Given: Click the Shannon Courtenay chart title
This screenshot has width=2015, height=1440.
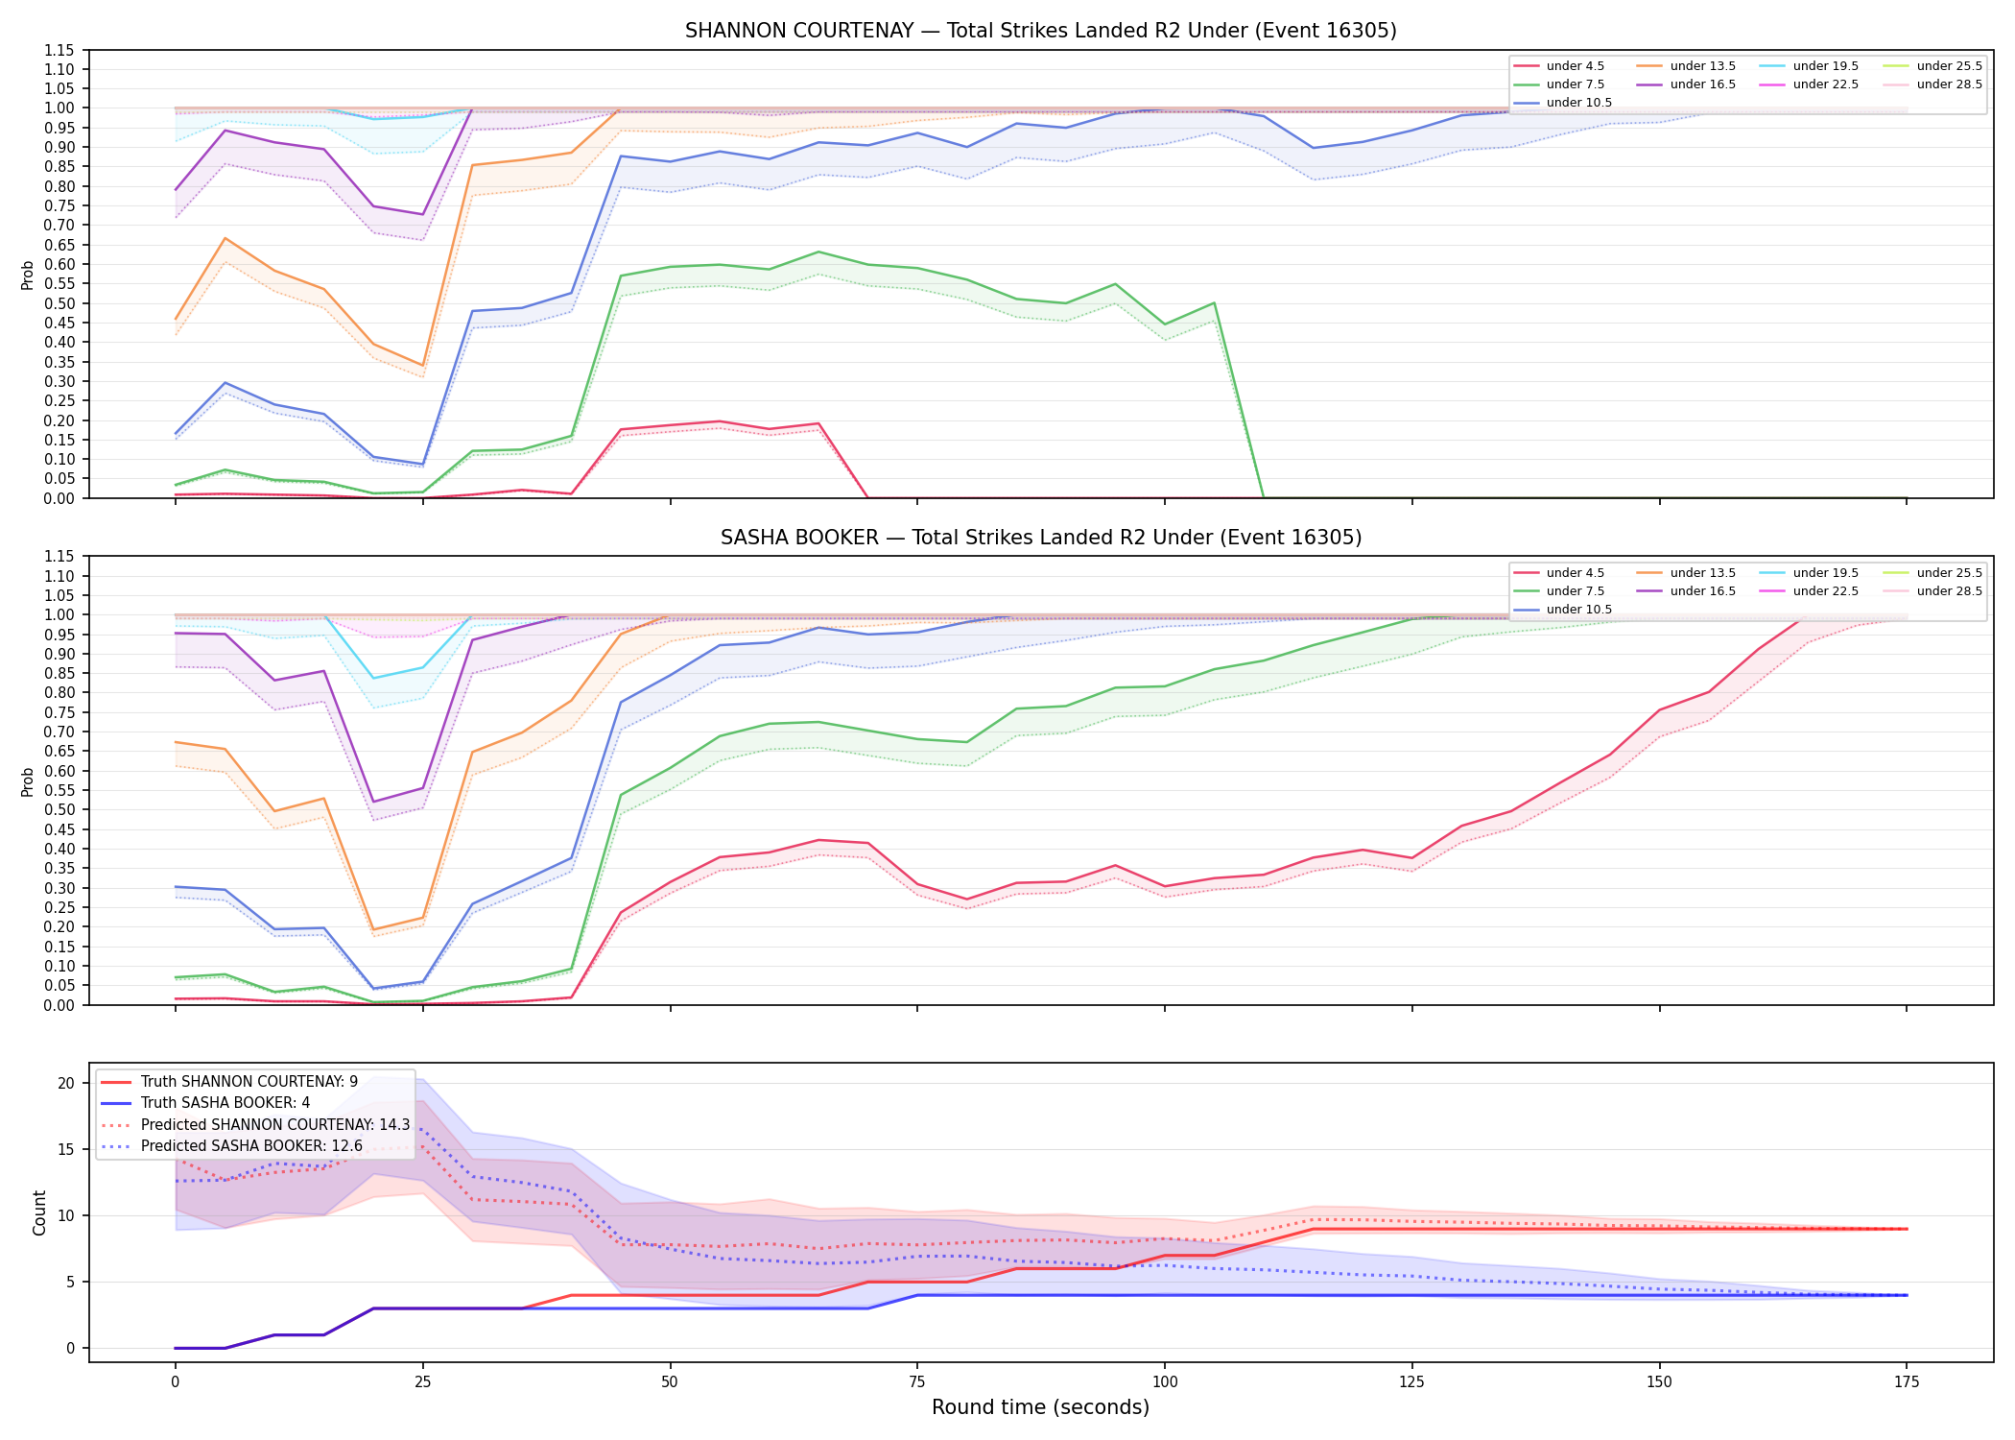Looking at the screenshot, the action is coord(1040,31).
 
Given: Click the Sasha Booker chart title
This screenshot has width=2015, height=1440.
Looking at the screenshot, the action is coord(1040,538).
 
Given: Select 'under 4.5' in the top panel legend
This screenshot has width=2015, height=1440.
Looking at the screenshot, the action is coord(1575,66).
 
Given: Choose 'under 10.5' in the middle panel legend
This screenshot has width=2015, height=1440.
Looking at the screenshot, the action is coord(1578,610).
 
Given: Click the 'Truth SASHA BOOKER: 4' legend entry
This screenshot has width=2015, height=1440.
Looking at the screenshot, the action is coord(225,1103).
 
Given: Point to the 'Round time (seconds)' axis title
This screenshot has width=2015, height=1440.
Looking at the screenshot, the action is coord(1040,1407).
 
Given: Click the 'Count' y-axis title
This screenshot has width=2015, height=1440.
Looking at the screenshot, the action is coord(39,1212).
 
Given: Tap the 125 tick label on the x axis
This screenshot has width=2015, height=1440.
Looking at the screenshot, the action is coord(1411,1382).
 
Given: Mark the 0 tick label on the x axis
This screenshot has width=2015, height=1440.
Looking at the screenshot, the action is coord(175,1382).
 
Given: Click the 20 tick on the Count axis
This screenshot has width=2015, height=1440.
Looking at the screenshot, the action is coord(66,1084).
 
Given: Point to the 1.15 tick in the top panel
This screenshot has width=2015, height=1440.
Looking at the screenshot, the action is coord(59,50).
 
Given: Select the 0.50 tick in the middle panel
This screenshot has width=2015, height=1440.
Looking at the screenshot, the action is coord(59,809).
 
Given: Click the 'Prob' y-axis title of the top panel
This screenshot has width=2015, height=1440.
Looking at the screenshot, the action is coord(28,275).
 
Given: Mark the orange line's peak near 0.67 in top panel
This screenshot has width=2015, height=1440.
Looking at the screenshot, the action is coord(225,238).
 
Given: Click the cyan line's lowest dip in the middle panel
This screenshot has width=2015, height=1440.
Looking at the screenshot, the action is coord(373,679).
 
